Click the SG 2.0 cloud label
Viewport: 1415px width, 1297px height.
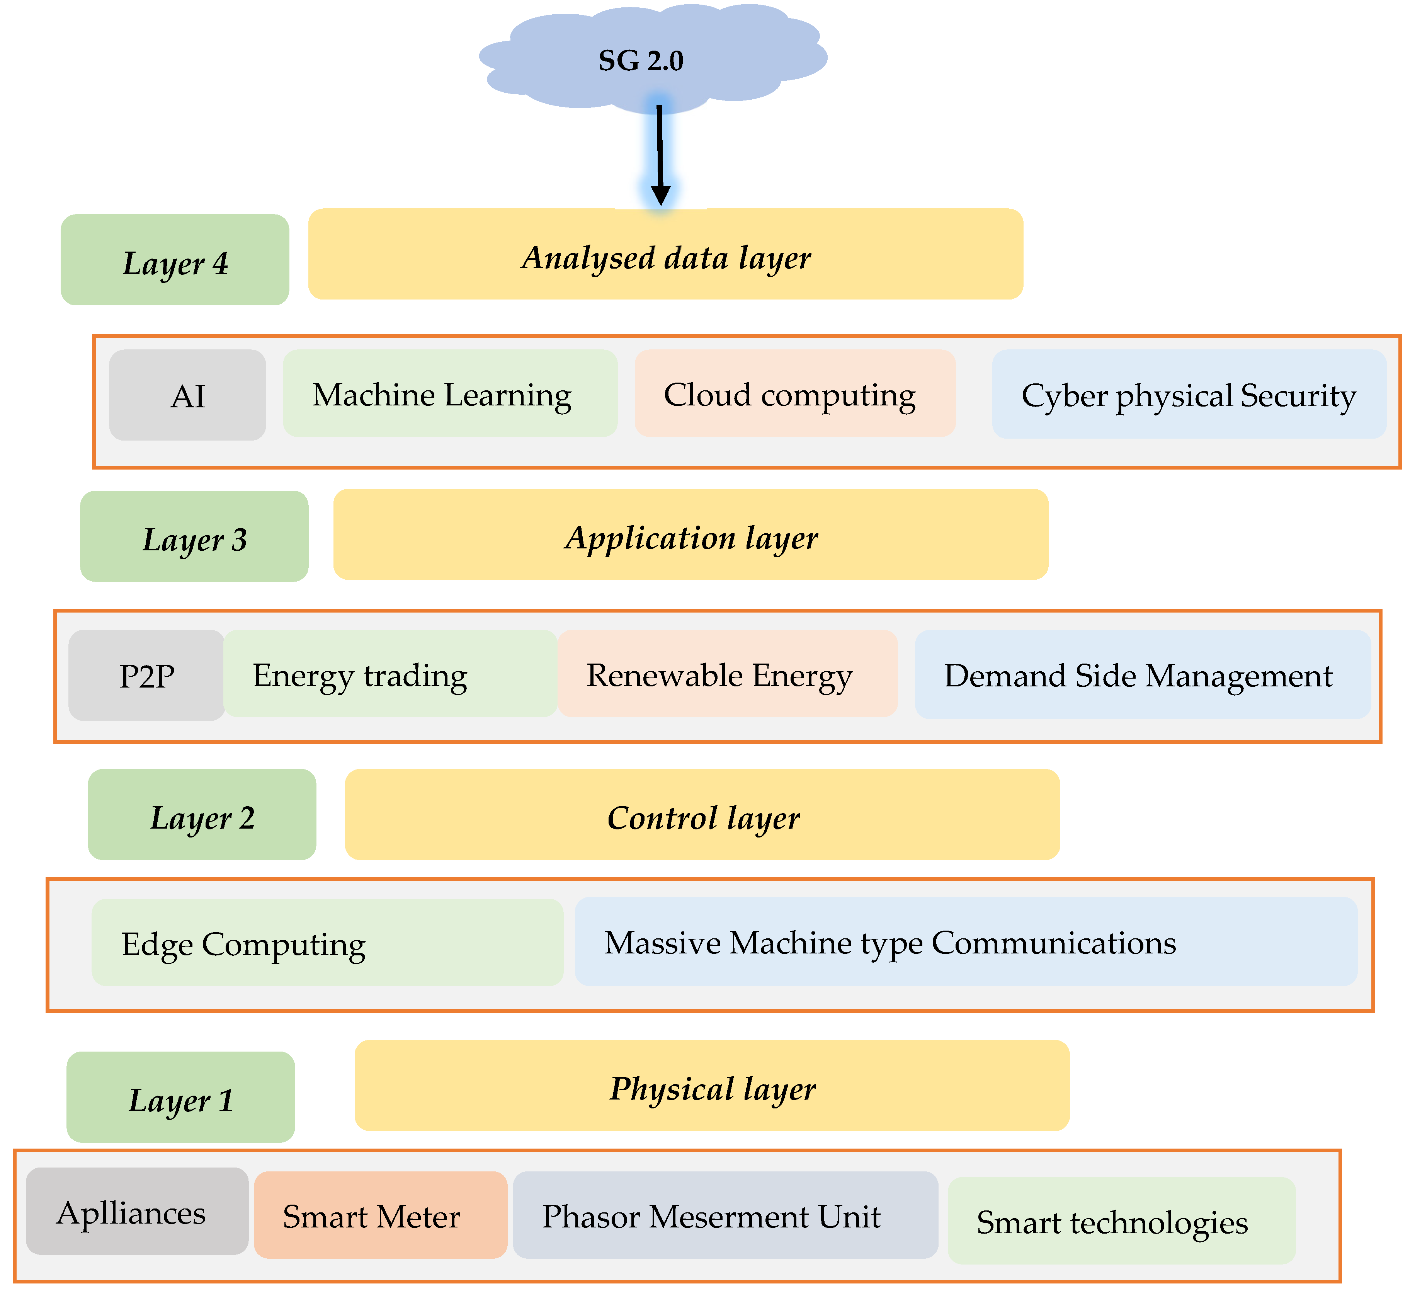pyautogui.click(x=640, y=61)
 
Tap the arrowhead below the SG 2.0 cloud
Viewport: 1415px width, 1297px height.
pyautogui.click(x=660, y=195)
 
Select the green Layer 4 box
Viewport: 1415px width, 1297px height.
pyautogui.click(x=175, y=260)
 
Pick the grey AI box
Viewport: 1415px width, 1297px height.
pyautogui.click(x=187, y=395)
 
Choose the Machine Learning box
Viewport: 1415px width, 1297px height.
pyautogui.click(x=449, y=394)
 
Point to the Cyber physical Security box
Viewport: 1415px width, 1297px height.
pyautogui.click(x=1188, y=395)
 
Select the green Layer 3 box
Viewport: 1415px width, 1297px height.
pyautogui.click(x=194, y=536)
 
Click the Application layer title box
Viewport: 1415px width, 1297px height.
pyautogui.click(x=690, y=535)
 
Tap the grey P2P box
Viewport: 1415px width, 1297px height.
pyautogui.click(x=147, y=675)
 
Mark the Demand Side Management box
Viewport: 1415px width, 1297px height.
pyautogui.click(x=1141, y=674)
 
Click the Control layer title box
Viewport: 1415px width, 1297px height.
pyautogui.click(x=702, y=815)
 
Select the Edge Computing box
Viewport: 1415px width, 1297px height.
pyautogui.click(x=327, y=943)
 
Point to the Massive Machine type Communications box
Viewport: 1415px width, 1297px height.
pyautogui.click(x=965, y=942)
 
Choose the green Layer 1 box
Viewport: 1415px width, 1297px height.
pyautogui.click(x=180, y=1097)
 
